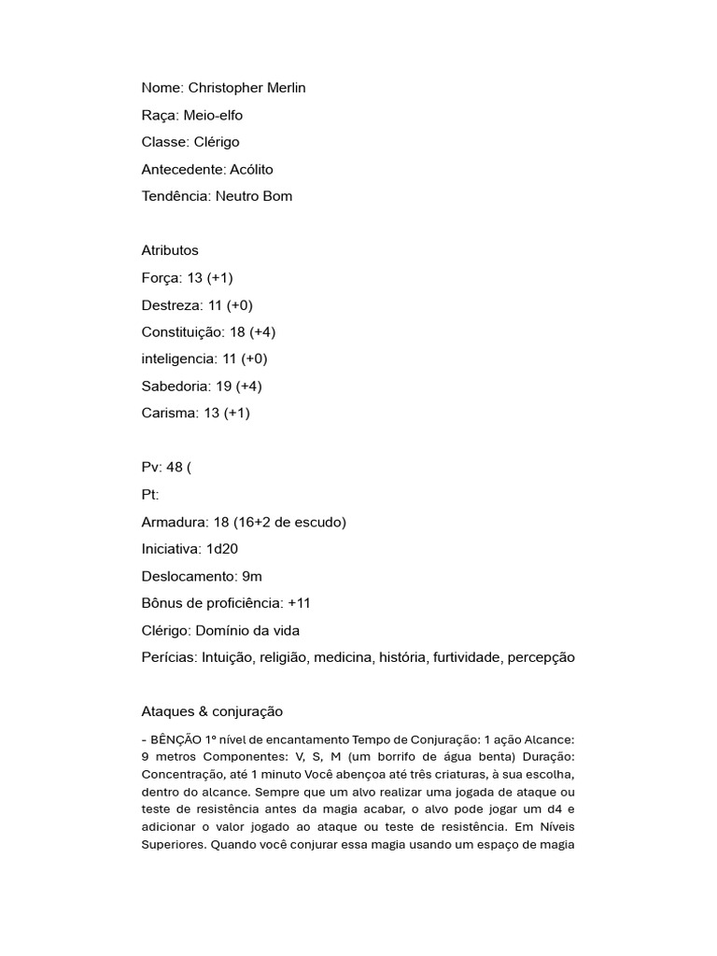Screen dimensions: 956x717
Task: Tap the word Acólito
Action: [x=251, y=169]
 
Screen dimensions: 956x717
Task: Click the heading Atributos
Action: [x=170, y=250]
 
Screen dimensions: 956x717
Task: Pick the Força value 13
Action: [x=194, y=277]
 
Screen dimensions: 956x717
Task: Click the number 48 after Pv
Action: [x=175, y=467]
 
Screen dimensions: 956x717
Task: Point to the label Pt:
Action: [x=150, y=495]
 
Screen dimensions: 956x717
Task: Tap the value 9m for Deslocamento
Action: [x=250, y=576]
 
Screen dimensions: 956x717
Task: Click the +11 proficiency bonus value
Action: [x=300, y=603]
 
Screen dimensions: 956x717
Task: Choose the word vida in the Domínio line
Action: [x=285, y=630]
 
